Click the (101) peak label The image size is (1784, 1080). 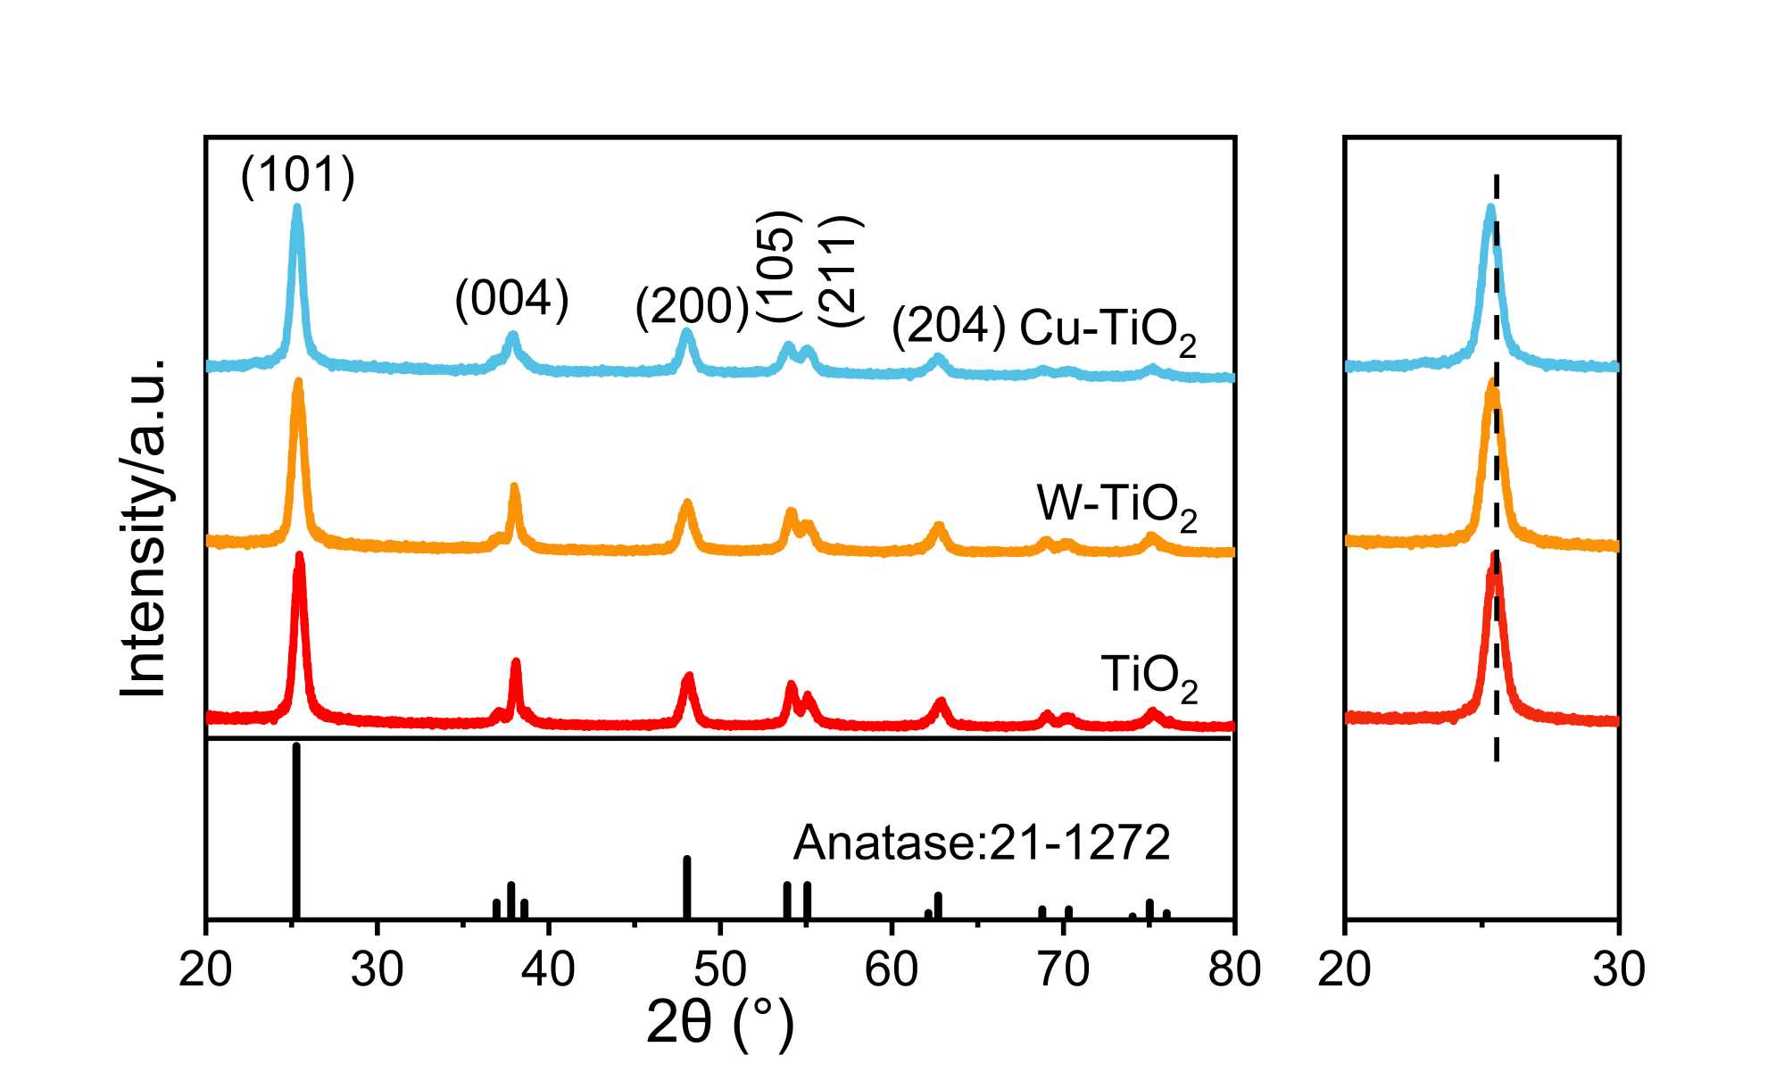(x=297, y=174)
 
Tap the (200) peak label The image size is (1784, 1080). (x=692, y=307)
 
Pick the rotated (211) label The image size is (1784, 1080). (x=841, y=270)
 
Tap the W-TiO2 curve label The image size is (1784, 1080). (x=1116, y=506)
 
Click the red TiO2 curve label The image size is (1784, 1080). (x=1149, y=676)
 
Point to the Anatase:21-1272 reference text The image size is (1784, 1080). (x=981, y=842)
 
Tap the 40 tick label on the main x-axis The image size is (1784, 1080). (x=548, y=969)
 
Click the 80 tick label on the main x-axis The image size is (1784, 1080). (x=1233, y=969)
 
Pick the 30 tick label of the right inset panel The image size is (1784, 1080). (x=1618, y=969)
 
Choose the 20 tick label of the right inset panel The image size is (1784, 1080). (x=1344, y=969)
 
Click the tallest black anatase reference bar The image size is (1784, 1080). (x=296, y=830)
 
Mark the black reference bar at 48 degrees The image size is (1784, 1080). (x=687, y=886)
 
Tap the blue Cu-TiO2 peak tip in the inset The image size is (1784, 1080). (x=1489, y=209)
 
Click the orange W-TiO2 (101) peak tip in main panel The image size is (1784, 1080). (x=298, y=382)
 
